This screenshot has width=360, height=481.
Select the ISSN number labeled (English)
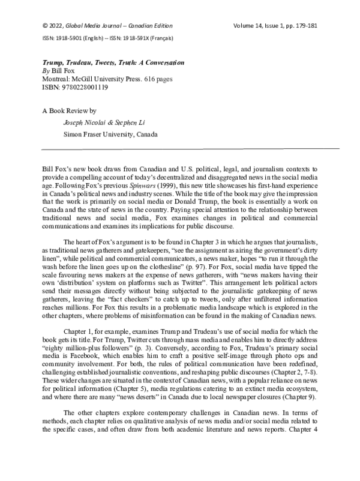point(60,38)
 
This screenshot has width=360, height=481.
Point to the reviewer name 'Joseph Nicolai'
point(85,123)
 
